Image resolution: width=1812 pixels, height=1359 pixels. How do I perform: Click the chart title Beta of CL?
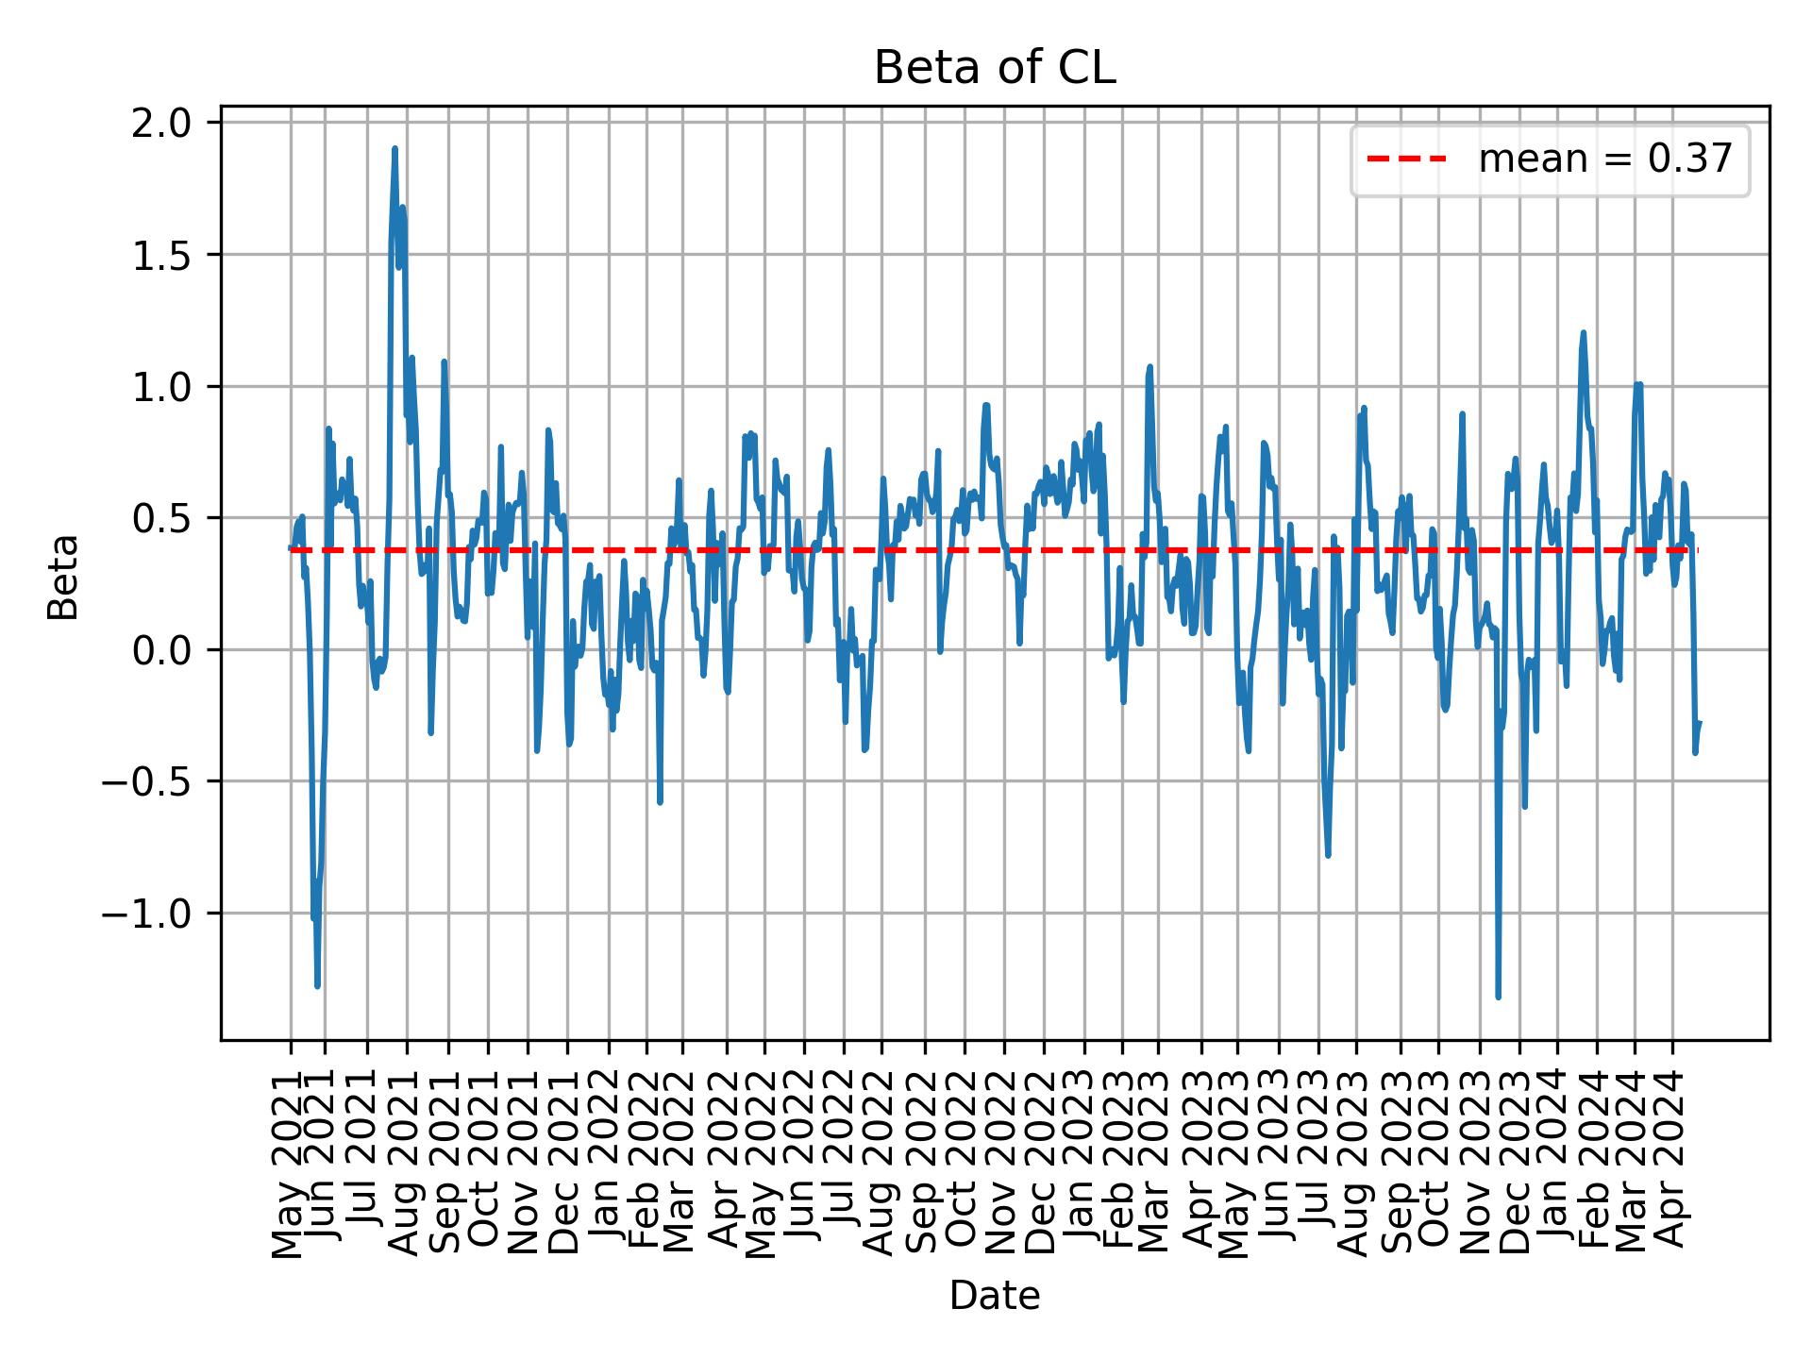995,68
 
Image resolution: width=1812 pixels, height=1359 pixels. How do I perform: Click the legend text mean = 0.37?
1604,160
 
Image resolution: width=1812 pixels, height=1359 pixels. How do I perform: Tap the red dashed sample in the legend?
1406,160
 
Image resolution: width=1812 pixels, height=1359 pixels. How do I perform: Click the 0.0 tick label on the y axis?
162,650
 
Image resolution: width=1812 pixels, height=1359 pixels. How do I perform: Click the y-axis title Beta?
63,577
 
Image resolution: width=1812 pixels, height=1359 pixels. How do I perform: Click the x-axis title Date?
995,1297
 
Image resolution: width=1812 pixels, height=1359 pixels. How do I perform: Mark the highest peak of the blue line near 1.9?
394,148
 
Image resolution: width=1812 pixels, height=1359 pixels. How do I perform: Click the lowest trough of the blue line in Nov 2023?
1498,997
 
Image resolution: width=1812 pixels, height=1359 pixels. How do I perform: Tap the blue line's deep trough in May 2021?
317,986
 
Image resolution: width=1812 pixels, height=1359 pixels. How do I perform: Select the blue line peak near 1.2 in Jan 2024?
1583,332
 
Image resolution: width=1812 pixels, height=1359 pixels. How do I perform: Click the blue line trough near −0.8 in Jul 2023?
1328,855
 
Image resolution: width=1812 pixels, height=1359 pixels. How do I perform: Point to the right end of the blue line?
1699,723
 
